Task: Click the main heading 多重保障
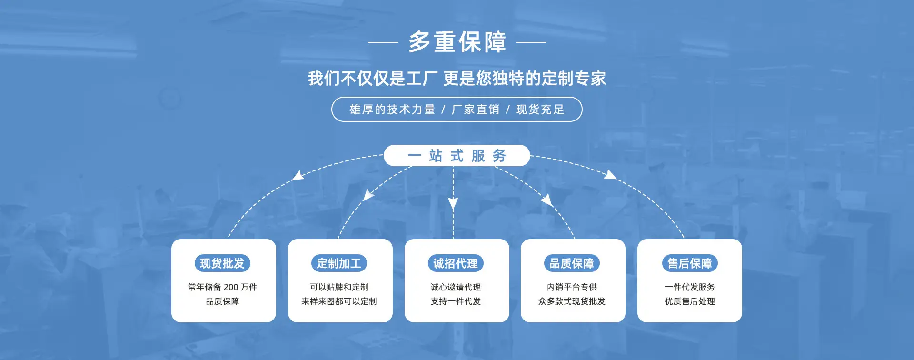coord(457,42)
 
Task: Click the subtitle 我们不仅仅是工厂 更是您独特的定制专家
coord(457,79)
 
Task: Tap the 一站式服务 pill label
coord(457,156)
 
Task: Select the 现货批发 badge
coord(222,263)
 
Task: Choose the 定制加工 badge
coord(339,263)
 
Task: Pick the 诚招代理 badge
coord(456,263)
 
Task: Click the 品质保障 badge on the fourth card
coord(572,263)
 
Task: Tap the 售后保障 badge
coord(690,263)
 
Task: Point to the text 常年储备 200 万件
coord(222,287)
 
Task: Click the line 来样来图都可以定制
coord(339,301)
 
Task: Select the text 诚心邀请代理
coord(456,287)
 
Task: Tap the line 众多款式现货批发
coord(572,301)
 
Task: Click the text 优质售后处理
coord(690,301)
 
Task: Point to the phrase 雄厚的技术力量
coord(392,110)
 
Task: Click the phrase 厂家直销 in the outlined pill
coord(475,110)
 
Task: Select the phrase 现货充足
coord(540,110)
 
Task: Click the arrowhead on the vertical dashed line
coord(453,204)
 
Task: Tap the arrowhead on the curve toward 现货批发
coord(298,175)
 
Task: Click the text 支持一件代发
coord(456,301)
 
